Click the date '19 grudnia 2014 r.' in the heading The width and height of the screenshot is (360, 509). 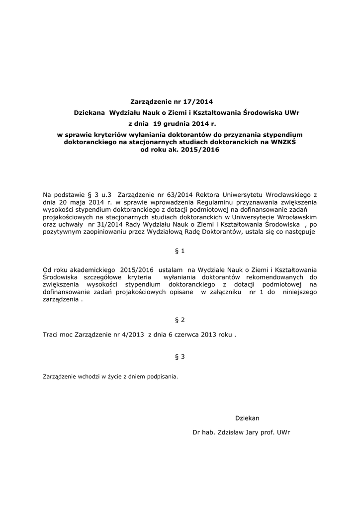[181, 124]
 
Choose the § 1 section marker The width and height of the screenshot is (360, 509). [180, 251]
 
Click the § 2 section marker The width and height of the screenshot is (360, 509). [180, 320]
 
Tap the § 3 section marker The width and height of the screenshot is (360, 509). [180, 356]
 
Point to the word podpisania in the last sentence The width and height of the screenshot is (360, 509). [161, 377]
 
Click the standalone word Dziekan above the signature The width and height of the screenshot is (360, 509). [247, 418]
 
